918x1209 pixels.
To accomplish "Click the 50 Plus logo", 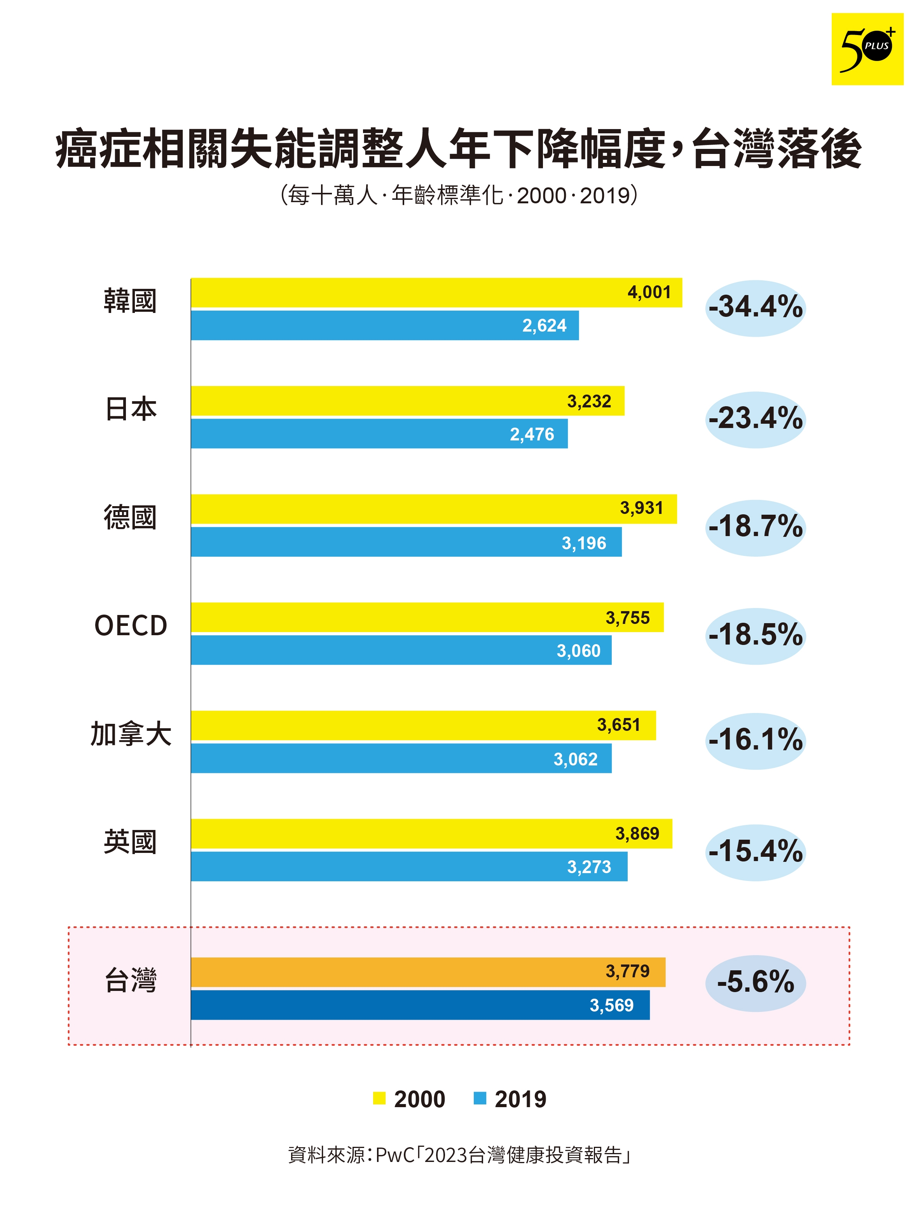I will click(x=867, y=49).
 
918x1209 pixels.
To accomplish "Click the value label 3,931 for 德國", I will click(x=641, y=508).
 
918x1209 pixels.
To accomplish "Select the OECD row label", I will click(x=131, y=626).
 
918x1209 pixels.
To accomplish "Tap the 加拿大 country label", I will click(x=131, y=734).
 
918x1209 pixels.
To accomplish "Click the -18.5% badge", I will click(x=755, y=636).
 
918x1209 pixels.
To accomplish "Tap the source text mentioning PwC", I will click(x=459, y=1155).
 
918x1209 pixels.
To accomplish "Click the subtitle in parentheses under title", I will click(x=459, y=195).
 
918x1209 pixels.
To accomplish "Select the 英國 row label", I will click(x=131, y=842).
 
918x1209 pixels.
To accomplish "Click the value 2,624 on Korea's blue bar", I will click(x=544, y=326).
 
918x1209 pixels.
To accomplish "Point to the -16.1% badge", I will click(x=755, y=741).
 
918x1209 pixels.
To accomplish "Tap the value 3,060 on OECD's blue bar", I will click(x=578, y=651).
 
